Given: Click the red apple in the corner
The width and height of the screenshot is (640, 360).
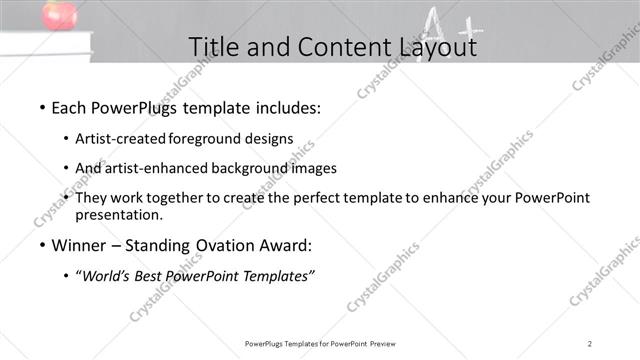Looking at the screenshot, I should click(x=59, y=14).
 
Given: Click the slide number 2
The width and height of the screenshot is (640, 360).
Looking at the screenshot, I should click(x=590, y=343).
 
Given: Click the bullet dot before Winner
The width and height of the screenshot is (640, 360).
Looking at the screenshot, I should click(x=41, y=245).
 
